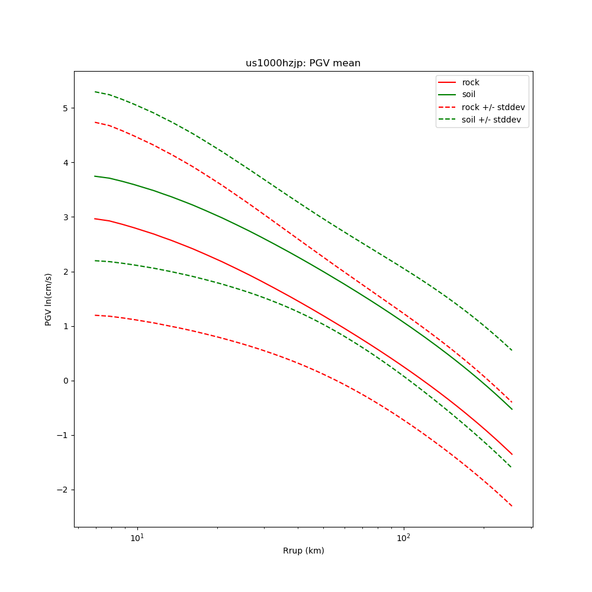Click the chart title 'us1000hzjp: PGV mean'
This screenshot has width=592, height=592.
303,63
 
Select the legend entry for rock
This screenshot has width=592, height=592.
471,82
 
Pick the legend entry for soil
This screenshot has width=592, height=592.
469,95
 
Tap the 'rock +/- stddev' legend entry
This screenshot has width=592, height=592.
493,107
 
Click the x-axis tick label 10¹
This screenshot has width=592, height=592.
137,538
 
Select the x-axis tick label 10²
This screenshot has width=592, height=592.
404,538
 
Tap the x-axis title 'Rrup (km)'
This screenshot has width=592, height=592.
303,551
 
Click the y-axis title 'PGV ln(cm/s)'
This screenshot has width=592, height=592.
49,299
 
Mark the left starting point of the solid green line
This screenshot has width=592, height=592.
95,176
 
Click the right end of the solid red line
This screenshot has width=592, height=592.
512,455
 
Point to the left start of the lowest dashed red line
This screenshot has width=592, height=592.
95,315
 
